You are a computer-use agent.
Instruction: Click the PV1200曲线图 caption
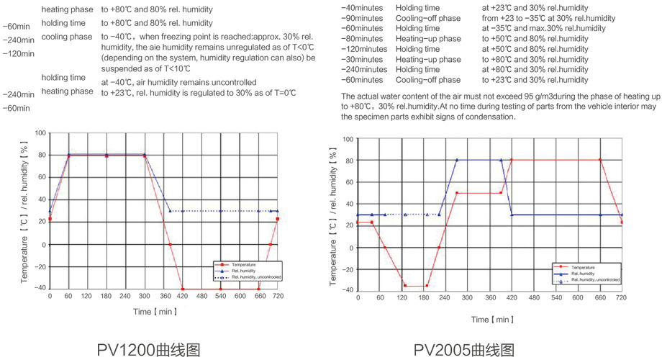coord(148,349)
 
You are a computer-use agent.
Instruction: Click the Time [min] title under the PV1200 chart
coord(154,312)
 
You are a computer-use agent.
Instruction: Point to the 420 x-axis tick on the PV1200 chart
coord(182,297)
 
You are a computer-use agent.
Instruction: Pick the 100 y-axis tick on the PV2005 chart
coord(348,139)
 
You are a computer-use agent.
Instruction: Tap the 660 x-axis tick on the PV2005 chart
coord(599,297)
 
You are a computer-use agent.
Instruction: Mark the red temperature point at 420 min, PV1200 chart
coord(182,289)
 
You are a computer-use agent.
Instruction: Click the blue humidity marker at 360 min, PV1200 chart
coord(170,211)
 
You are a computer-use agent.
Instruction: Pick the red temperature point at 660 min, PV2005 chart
coord(599,160)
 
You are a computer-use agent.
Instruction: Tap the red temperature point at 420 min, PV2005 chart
coord(512,160)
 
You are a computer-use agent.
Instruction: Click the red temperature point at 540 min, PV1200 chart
coord(220,289)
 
